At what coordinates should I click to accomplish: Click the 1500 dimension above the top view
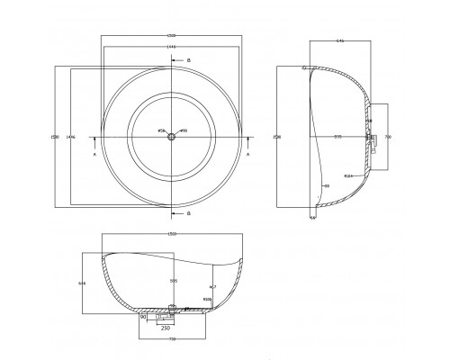point(171,38)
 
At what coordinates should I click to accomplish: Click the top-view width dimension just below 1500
point(171,46)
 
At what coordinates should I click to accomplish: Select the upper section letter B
point(188,59)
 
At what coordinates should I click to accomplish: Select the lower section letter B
point(188,214)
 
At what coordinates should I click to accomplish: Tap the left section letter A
point(95,154)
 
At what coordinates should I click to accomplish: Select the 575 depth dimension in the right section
point(337,137)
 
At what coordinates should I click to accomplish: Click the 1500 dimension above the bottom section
point(171,236)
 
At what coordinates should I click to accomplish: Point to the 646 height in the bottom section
point(83,283)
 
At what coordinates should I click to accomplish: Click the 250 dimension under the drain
point(166,328)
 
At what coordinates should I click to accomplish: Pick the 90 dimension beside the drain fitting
point(142,317)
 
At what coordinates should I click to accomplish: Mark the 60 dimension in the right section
point(327,186)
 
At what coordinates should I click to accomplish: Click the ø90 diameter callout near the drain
point(183,131)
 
